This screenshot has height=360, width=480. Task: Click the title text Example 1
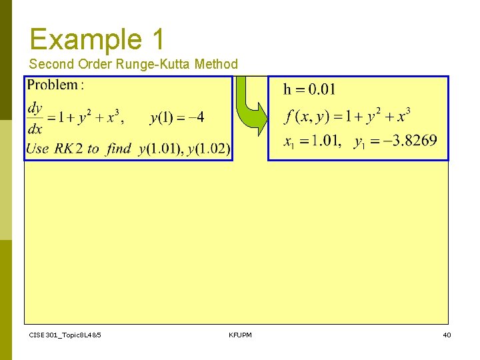pos(97,39)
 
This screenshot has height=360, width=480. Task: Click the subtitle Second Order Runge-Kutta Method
pos(133,64)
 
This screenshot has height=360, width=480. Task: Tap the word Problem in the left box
pos(52,85)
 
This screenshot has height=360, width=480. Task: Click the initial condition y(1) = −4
pos(177,118)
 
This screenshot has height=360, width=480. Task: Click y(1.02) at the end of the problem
pos(209,149)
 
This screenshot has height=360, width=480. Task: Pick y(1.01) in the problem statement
pos(161,149)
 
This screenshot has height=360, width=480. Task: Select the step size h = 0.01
pos(309,89)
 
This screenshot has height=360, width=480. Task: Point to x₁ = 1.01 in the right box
pos(312,141)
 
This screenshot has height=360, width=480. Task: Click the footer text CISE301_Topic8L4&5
pos(65,335)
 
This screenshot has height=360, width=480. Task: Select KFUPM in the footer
pos(240,335)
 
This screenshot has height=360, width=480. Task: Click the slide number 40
pos(447,335)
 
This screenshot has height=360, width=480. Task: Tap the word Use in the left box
pos(37,149)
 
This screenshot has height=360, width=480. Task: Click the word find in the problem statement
pos(119,149)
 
